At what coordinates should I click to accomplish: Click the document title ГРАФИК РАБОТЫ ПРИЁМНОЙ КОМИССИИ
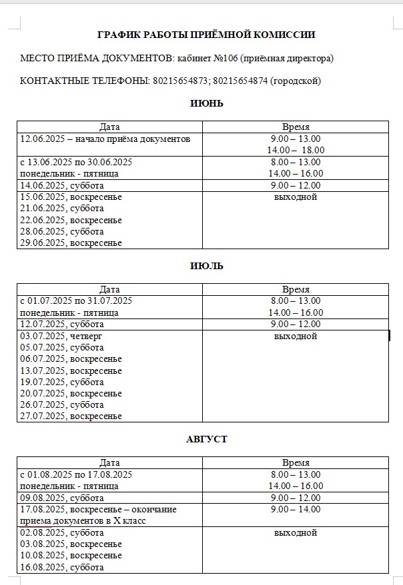(206, 35)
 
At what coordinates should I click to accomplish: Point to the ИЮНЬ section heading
(206, 103)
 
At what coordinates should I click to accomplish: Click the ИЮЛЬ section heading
(206, 266)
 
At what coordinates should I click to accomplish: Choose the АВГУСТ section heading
(206, 439)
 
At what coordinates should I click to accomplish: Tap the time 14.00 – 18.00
(296, 151)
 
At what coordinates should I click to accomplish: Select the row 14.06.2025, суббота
(63, 185)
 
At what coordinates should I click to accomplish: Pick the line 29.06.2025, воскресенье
(71, 243)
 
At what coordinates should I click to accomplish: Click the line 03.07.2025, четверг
(61, 336)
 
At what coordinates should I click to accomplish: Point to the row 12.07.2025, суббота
(63, 324)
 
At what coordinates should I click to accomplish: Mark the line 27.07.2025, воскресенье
(71, 416)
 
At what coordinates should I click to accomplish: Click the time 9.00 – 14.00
(296, 510)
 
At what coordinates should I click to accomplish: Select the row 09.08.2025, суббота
(63, 498)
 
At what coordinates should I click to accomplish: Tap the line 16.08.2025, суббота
(63, 567)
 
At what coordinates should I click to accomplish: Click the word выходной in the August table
(296, 532)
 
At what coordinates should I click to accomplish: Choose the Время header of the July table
(296, 290)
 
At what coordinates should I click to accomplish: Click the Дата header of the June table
(109, 127)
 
